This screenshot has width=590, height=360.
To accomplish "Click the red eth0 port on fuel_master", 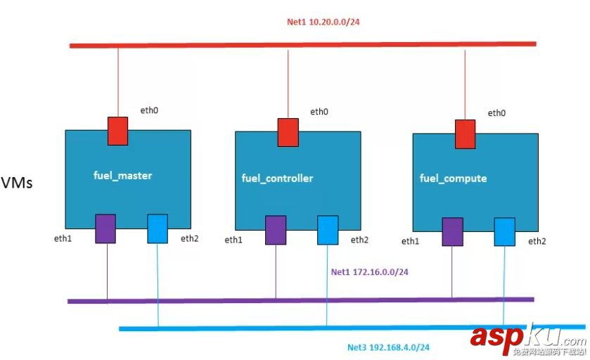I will [117, 131].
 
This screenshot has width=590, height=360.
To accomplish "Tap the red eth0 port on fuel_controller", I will [288, 132].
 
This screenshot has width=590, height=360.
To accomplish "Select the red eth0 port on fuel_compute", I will [465, 134].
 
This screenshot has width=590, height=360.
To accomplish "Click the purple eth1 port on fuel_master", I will [105, 229].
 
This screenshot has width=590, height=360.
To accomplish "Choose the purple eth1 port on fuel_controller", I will [276, 231].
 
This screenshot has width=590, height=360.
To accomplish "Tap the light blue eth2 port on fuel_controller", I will [328, 230].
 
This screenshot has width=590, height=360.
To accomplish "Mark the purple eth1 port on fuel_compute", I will [452, 232].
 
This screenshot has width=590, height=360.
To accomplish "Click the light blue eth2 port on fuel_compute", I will [504, 232].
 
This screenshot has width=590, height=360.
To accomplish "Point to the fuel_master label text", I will [122, 175].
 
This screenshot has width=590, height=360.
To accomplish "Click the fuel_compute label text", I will [453, 178].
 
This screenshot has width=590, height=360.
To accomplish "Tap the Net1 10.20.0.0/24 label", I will [324, 22].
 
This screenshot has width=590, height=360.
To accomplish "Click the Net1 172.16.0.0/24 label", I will [370, 271].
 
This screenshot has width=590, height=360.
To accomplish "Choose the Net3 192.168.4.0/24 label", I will [388, 347].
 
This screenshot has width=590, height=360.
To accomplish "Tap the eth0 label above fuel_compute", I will [496, 113].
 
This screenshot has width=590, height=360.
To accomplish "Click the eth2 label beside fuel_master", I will [190, 238].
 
